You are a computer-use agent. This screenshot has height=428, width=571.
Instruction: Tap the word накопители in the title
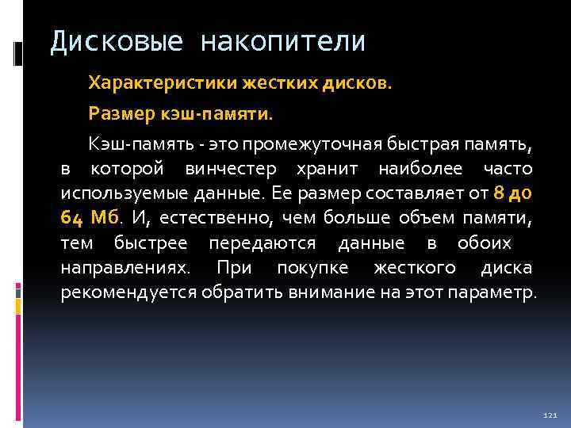point(283,41)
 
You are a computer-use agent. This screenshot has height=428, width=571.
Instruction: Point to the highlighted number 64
point(71,218)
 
